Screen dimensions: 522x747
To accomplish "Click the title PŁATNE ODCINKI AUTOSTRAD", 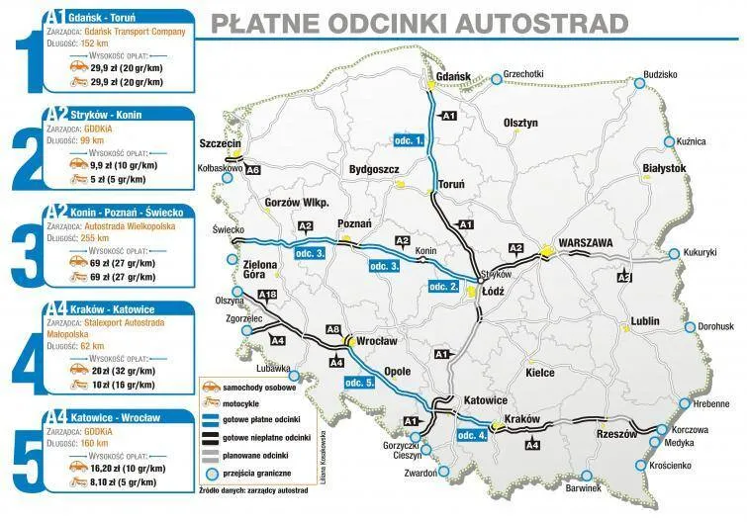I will coord(420,23).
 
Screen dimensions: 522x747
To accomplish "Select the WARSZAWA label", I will coord(586,242).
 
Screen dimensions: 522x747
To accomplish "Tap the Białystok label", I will coord(664,169).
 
